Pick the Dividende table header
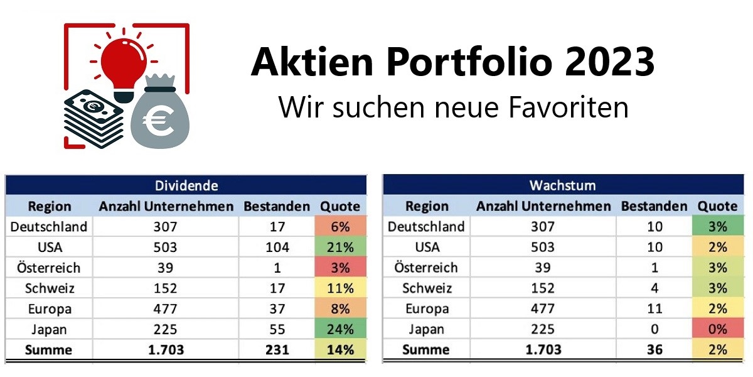point(186,185)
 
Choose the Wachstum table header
point(562,185)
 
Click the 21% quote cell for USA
point(341,247)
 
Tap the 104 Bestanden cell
point(276,247)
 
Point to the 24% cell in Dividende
point(341,329)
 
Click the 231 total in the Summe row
point(276,350)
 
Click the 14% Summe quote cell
point(341,350)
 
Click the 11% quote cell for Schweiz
point(341,288)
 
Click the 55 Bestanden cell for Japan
point(276,329)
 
